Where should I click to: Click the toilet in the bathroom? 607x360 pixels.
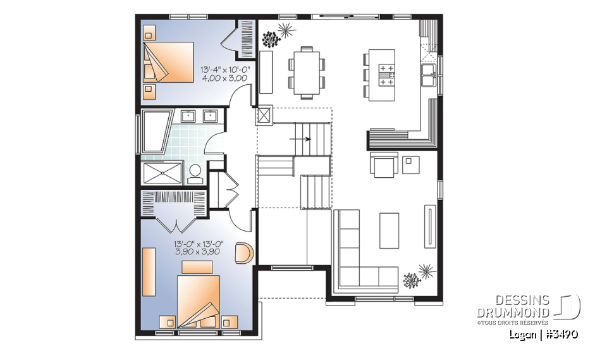pyautogui.click(x=195, y=171)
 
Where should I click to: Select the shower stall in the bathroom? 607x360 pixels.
pyautogui.click(x=162, y=171)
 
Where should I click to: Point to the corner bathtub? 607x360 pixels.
pyautogui.click(x=156, y=132)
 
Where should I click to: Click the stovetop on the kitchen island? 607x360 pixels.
pyautogui.click(x=386, y=73)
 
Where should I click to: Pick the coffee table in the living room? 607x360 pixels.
pyautogui.click(x=389, y=230)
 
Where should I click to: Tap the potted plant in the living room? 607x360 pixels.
pyautogui.click(x=417, y=276)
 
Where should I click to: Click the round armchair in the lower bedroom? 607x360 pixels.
pyautogui.click(x=244, y=252)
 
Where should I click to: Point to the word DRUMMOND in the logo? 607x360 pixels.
pyautogui.click(x=513, y=312)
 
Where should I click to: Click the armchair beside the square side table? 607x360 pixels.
pyautogui.click(x=384, y=165)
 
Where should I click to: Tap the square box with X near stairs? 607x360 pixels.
pyautogui.click(x=263, y=115)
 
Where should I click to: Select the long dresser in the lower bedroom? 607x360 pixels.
pyautogui.click(x=148, y=271)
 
